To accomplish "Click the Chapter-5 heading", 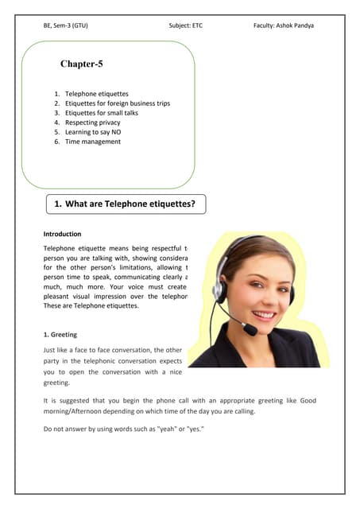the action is point(81,64).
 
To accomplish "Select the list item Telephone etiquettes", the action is point(96,94).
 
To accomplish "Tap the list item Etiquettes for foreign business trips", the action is point(118,103).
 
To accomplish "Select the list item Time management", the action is point(92,142).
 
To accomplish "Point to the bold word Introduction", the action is point(62,234).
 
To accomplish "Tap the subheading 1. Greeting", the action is point(60,335).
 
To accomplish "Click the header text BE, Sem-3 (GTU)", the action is point(65,25).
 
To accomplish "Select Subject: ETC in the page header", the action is point(185,25).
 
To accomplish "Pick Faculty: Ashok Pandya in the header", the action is point(283,25).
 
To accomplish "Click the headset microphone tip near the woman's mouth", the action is point(248,326).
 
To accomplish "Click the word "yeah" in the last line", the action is point(165,429).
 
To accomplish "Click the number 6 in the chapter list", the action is point(57,142).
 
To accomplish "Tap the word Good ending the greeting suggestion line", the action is point(306,401).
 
